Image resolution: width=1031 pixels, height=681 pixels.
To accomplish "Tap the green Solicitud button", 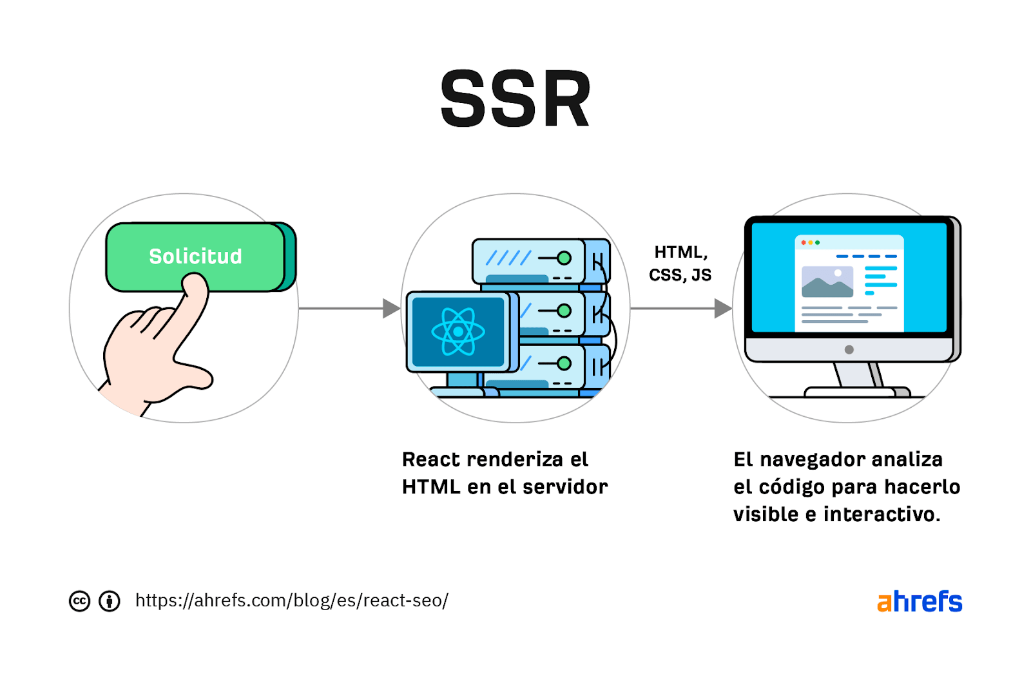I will tap(195, 256).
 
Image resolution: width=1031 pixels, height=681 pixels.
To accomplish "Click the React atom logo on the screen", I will tap(458, 332).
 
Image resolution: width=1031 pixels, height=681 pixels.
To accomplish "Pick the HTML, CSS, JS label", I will tap(680, 264).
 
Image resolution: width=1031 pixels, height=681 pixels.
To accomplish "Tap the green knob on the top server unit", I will tap(564, 258).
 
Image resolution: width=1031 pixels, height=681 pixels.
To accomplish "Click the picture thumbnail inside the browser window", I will tap(827, 282).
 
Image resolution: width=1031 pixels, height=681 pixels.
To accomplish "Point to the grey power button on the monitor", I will tap(849, 350).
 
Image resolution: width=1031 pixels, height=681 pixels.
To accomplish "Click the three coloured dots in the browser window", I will tap(810, 243).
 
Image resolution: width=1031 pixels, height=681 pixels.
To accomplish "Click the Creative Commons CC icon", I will tap(79, 601).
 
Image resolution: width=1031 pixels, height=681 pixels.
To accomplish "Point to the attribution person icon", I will tap(109, 601).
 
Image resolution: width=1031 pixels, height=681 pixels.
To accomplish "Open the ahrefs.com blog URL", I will tap(291, 600).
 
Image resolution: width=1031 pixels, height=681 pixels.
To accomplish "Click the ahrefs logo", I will tap(919, 602).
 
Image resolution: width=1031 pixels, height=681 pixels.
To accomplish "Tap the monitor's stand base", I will tap(857, 391).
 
